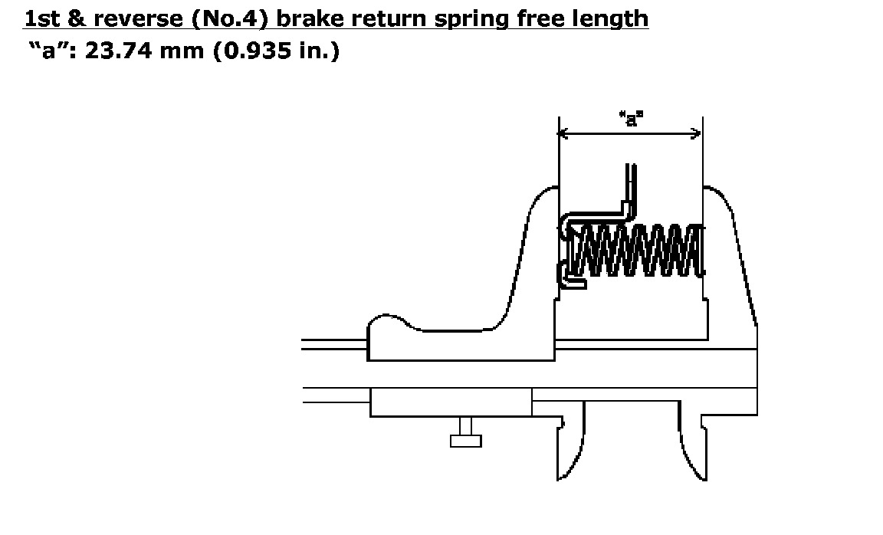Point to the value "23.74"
point(118,51)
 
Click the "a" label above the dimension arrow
point(631,119)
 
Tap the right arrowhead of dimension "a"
point(697,133)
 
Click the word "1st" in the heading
point(41,19)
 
